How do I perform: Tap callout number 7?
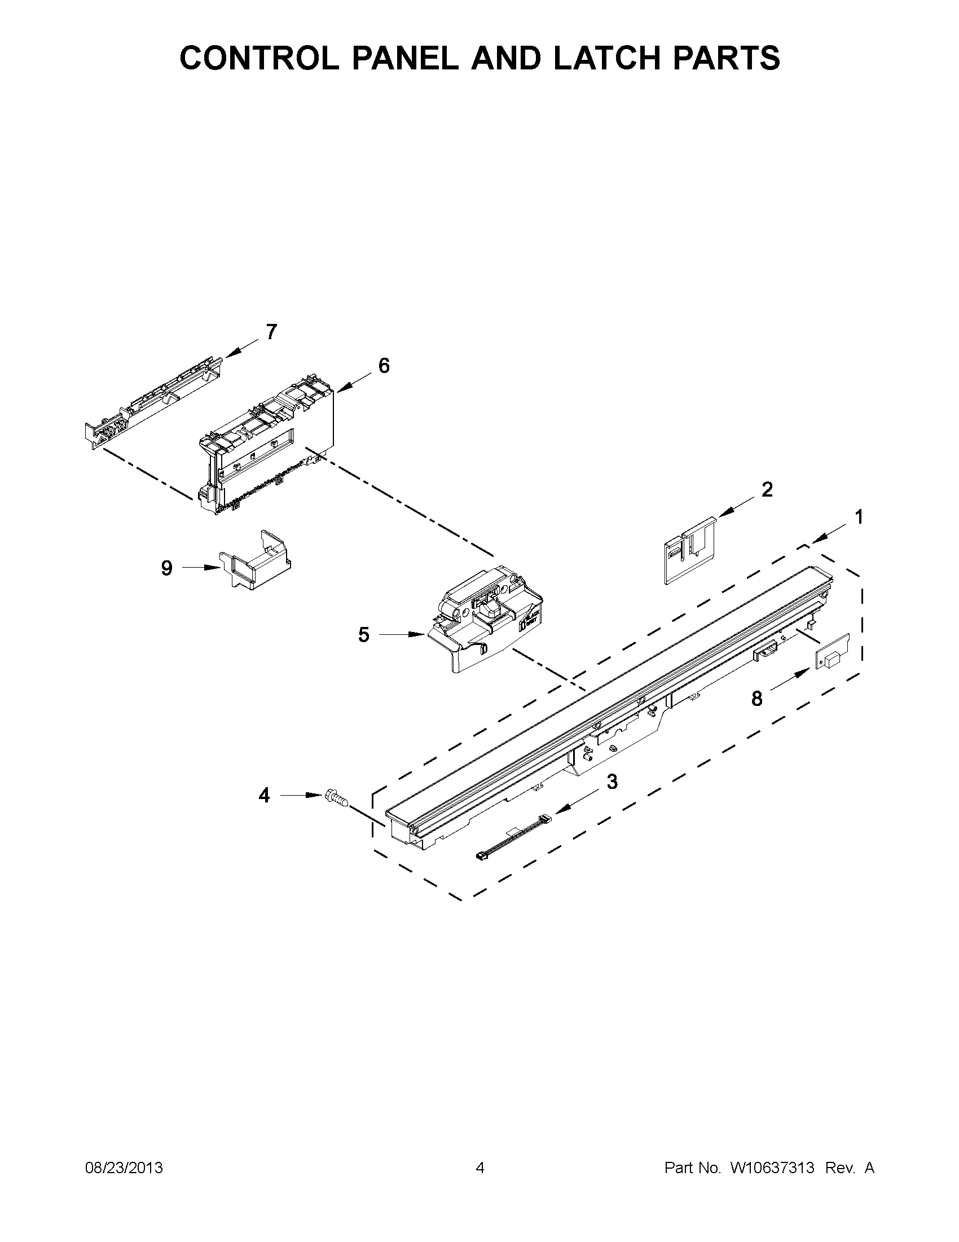(272, 332)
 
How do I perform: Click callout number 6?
(384, 366)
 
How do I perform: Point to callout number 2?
(767, 490)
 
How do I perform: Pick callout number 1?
(859, 517)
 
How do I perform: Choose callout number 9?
(166, 568)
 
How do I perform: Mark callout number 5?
(364, 635)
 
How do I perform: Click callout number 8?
(756, 699)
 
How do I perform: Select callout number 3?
(612, 782)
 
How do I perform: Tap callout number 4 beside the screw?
(265, 795)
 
